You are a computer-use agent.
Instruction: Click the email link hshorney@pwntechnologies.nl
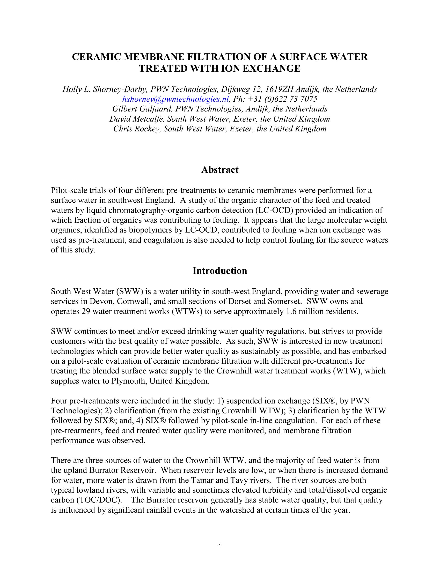click(175, 99)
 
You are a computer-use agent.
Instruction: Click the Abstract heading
click(220, 170)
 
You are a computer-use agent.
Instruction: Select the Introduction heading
click(220, 271)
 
